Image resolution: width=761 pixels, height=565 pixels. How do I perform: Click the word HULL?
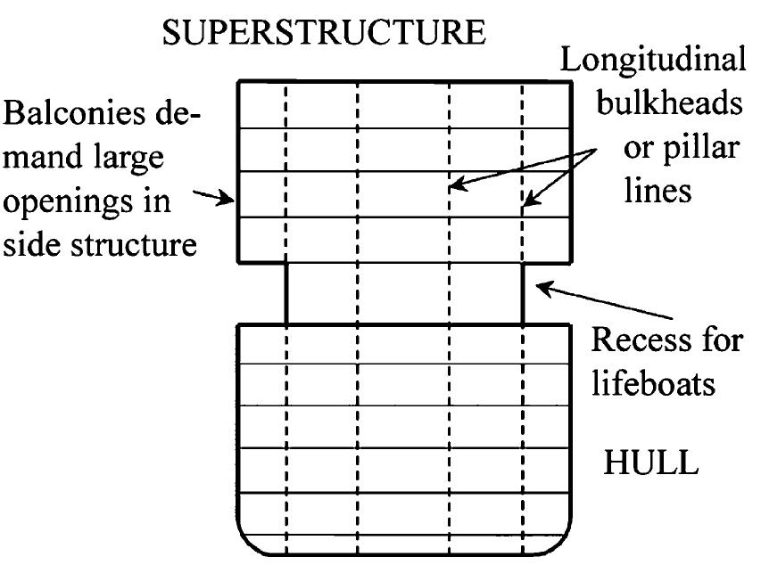649,465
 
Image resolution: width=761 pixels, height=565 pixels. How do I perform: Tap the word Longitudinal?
653,61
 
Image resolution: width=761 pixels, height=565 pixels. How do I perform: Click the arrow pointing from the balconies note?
217,198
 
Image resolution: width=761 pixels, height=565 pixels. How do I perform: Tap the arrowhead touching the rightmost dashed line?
528,203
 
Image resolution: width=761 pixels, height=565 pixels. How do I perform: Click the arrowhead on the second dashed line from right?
455,186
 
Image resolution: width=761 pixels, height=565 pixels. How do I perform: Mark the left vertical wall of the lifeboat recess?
285,293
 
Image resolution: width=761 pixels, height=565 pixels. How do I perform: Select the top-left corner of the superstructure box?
238,82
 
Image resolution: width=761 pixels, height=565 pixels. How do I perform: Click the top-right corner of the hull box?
569,325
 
